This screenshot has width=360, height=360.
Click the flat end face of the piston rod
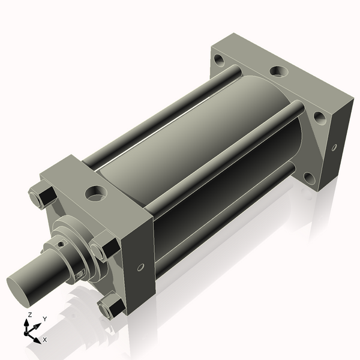(x=18, y=291)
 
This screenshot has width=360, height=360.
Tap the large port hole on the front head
(x=96, y=193)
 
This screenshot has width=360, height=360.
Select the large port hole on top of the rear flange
(x=278, y=71)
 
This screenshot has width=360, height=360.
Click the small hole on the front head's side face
(x=140, y=267)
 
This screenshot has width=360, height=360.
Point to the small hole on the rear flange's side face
(x=334, y=148)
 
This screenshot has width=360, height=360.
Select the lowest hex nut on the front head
(x=112, y=306)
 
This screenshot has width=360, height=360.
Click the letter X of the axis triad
(x=45, y=340)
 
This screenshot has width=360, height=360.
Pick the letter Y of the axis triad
(x=45, y=319)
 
